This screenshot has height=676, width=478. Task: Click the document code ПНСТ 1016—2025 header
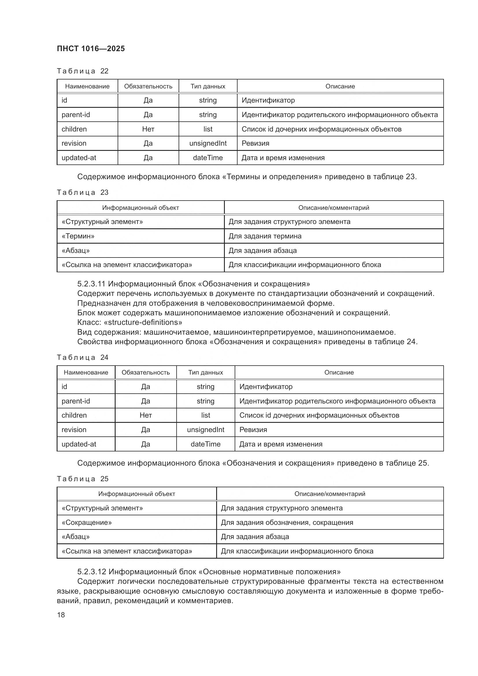pyautogui.click(x=91, y=49)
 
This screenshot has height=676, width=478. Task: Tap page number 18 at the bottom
pyautogui.click(x=61, y=615)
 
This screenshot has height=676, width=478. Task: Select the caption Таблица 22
pyautogui.click(x=82, y=71)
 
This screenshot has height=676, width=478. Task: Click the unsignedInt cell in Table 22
pyautogui.click(x=208, y=143)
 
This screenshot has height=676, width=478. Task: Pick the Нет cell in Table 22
pyautogui.click(x=148, y=129)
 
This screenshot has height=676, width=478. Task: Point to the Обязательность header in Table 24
pyautogui.click(x=146, y=373)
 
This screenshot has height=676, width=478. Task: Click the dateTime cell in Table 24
pyautogui.click(x=205, y=444)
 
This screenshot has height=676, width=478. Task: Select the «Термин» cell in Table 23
pyautogui.click(x=78, y=236)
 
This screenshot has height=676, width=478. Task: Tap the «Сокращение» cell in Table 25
pyautogui.click(x=86, y=523)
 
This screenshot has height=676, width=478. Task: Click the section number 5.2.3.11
pyautogui.click(x=91, y=284)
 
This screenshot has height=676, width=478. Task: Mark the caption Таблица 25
pyautogui.click(x=82, y=479)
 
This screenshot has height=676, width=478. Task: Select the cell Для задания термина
pyautogui.click(x=265, y=236)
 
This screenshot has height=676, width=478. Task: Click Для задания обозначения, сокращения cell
pyautogui.click(x=287, y=523)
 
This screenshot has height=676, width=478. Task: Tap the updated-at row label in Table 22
pyautogui.click(x=79, y=158)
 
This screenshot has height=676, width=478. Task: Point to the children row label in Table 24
pyautogui.click(x=74, y=415)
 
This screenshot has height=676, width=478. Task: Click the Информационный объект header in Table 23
pyautogui.click(x=140, y=208)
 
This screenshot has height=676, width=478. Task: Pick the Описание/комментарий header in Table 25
pyautogui.click(x=330, y=494)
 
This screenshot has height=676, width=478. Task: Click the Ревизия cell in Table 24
pyautogui.click(x=253, y=430)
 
